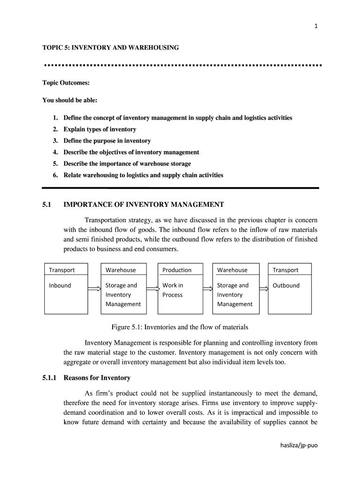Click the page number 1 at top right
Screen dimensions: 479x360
[316, 26]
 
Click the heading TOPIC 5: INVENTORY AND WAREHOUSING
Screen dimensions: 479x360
[111, 48]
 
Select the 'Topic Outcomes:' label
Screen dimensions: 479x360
[66, 83]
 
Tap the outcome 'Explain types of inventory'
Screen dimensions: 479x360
[100, 129]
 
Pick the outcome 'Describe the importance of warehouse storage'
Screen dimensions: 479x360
[127, 164]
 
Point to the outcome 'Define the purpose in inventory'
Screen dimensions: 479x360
[107, 141]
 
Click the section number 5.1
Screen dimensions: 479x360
[47, 204]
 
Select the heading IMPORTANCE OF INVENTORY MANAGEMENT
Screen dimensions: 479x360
[144, 204]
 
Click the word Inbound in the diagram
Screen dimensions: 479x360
[60, 285]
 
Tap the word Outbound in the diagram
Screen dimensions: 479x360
[286, 285]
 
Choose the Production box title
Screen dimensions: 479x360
[177, 270]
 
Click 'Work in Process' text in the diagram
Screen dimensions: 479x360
[173, 290]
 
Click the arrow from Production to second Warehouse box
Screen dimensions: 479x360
[208, 289]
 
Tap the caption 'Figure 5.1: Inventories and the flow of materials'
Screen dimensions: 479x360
[180, 327]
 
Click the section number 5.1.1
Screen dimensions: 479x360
[49, 377]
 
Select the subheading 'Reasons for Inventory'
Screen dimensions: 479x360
[97, 377]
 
